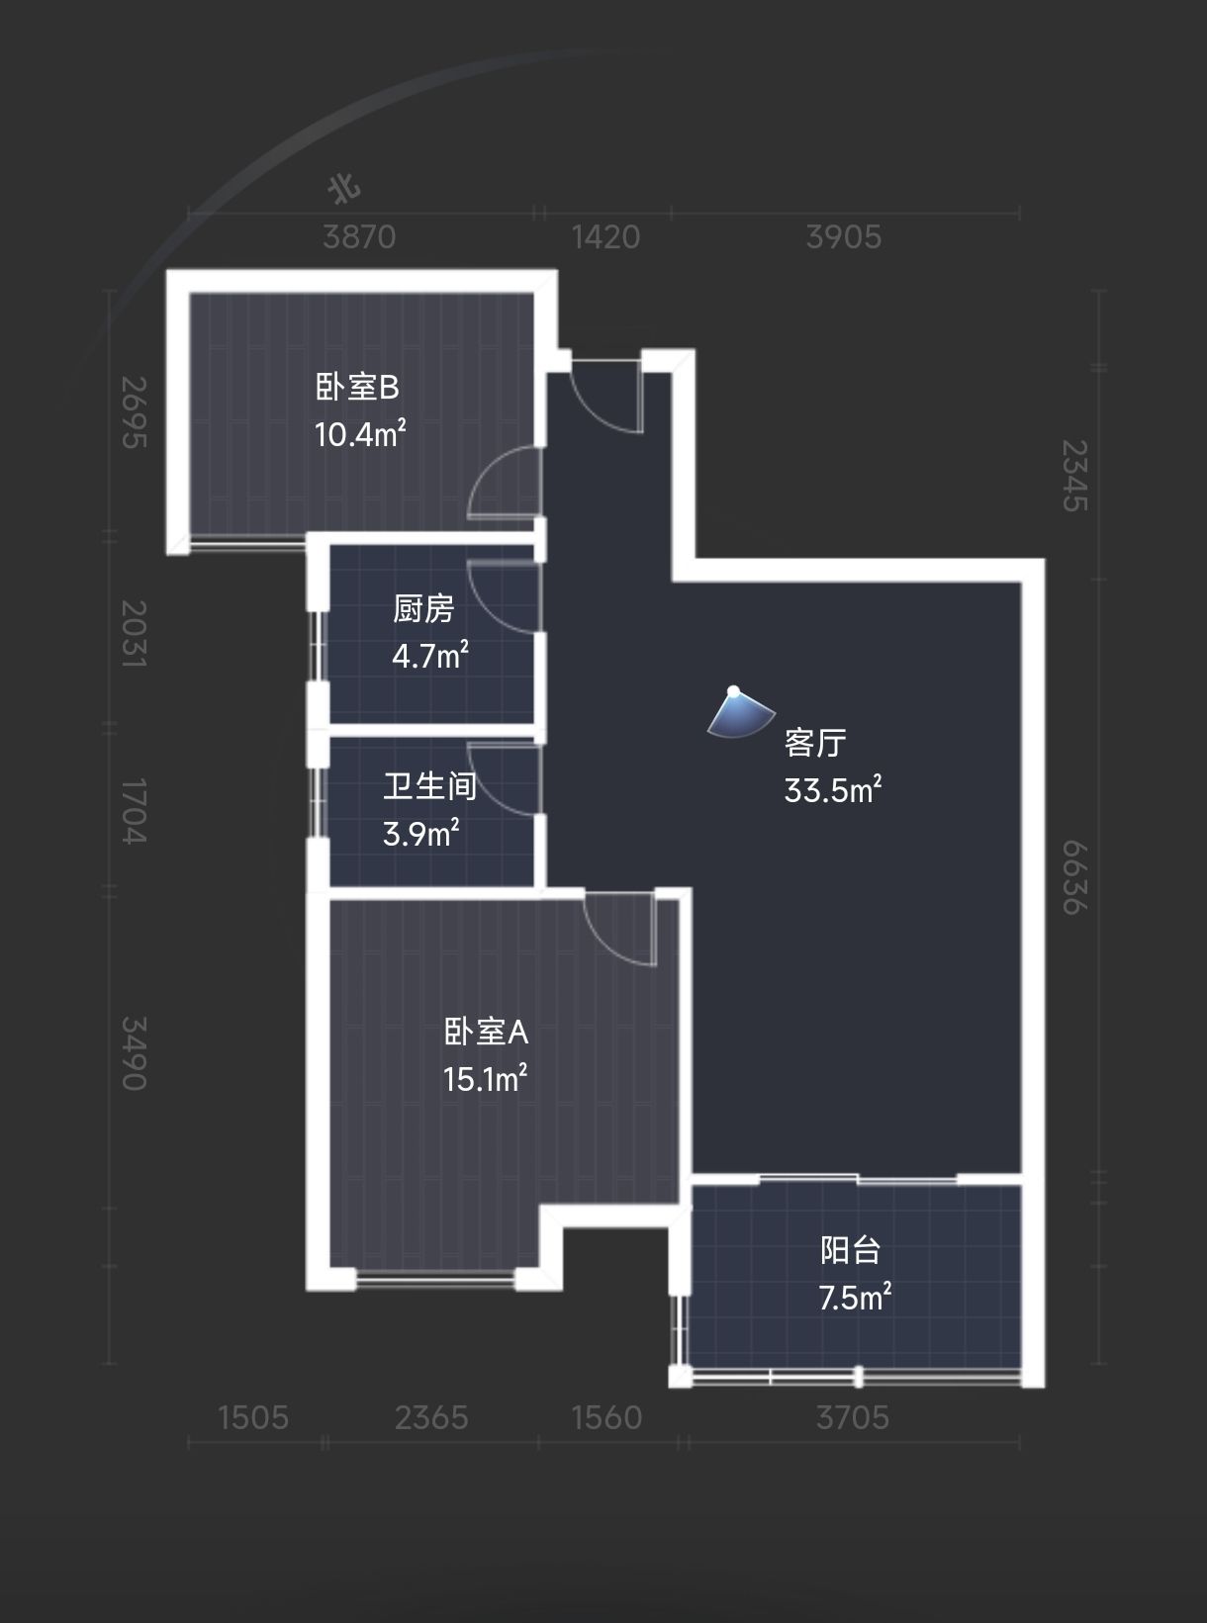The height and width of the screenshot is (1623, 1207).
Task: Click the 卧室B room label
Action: (357, 387)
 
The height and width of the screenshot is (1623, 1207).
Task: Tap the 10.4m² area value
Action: (360, 434)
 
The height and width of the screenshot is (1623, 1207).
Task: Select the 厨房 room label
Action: (423, 609)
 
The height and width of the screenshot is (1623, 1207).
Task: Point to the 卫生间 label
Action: (429, 786)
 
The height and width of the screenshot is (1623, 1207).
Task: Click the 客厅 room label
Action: (815, 742)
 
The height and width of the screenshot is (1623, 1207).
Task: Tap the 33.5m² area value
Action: (833, 789)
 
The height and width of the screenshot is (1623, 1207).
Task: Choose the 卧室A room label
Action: (486, 1032)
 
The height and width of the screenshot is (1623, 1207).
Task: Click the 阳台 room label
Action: (850, 1250)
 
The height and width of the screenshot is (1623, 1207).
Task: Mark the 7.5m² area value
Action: (855, 1298)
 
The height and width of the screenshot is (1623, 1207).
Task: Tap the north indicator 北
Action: (344, 190)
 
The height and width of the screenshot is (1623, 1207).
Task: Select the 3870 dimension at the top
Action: (359, 237)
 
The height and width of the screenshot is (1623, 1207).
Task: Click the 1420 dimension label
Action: (606, 237)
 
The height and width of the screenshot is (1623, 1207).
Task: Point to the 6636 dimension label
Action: (1074, 877)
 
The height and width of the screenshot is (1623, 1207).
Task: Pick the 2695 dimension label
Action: (134, 412)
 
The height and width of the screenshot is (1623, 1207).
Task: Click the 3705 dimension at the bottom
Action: (853, 1417)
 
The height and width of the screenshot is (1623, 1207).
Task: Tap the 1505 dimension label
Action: (254, 1417)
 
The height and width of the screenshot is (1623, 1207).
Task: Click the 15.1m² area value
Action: (486, 1079)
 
